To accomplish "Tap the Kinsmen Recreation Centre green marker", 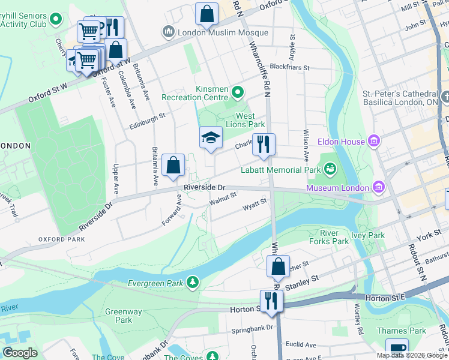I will [x=238, y=92].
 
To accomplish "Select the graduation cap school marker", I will [x=211, y=138].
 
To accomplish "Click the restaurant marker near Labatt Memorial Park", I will [x=264, y=144].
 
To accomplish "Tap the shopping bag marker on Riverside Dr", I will [x=173, y=165].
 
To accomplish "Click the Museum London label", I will [x=337, y=188].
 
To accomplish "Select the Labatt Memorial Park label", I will [x=280, y=170].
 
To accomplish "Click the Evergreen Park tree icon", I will [x=192, y=281].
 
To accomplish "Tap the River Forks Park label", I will [x=334, y=237].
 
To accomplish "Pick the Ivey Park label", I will [x=368, y=235].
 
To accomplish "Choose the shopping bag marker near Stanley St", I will [x=279, y=266].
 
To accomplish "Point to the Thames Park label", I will [x=402, y=331].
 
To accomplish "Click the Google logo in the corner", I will [x=20, y=353].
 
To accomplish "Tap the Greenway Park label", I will [x=124, y=316].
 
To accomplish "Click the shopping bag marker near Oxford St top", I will [x=206, y=14].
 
